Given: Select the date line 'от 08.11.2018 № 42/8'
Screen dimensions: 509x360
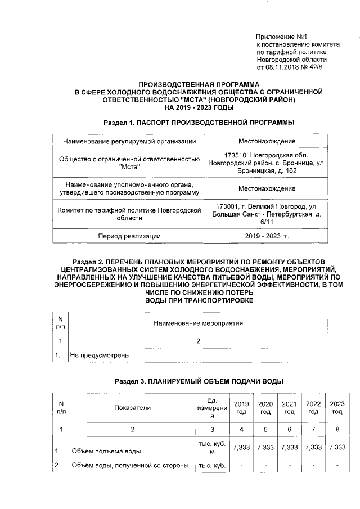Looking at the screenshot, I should [290, 67].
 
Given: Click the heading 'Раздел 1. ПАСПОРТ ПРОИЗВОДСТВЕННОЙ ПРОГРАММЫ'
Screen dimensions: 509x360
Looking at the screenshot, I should [200, 122].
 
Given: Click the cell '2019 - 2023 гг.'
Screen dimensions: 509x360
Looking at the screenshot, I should [267, 236].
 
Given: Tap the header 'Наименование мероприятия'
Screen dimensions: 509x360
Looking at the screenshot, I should [197, 323].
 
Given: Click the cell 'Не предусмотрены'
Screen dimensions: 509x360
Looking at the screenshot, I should [100, 355].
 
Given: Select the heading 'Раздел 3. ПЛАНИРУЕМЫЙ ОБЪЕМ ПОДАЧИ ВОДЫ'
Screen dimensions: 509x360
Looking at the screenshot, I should [199, 381].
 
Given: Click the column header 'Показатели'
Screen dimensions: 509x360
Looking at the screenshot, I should [132, 408].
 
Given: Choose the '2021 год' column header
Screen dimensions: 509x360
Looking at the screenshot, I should [289, 408].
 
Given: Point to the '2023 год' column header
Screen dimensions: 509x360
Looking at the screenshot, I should [337, 408].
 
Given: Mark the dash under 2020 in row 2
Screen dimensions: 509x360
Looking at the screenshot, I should [265, 466].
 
